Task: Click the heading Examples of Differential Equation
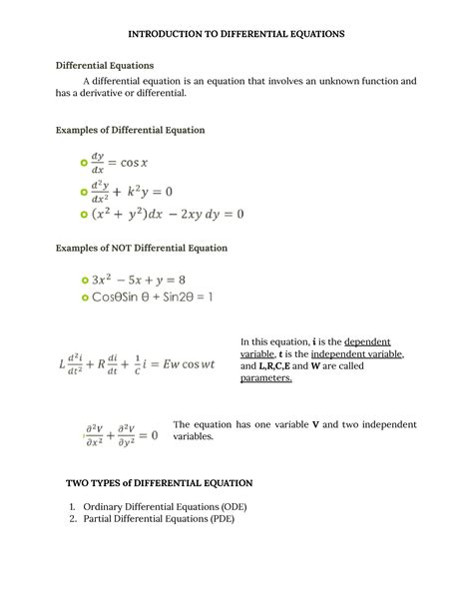(130, 131)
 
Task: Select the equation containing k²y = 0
(145, 189)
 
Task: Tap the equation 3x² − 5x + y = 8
(139, 281)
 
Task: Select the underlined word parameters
(266, 379)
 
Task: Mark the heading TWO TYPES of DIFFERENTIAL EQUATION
(160, 483)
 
